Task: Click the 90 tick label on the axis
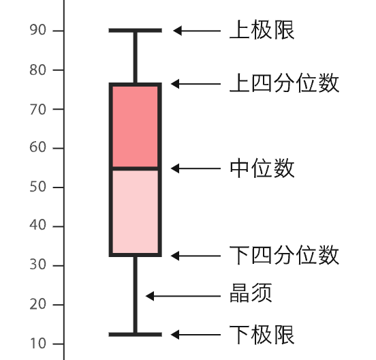pyautogui.click(x=37, y=30)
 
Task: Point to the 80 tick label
pyautogui.click(x=37, y=70)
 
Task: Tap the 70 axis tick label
pyautogui.click(x=37, y=110)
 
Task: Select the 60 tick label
pyautogui.click(x=37, y=147)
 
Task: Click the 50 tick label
pyautogui.click(x=37, y=187)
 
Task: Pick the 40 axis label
pyautogui.click(x=37, y=225)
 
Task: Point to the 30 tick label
pyautogui.click(x=37, y=265)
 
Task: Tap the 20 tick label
pyautogui.click(x=37, y=304)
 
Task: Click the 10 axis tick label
pyautogui.click(x=37, y=344)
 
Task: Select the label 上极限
pyautogui.click(x=262, y=30)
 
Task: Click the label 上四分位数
pyautogui.click(x=284, y=83)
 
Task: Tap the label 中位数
pyautogui.click(x=262, y=168)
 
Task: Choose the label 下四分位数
pyautogui.click(x=284, y=255)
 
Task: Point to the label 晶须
pyautogui.click(x=251, y=292)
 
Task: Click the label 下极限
pyautogui.click(x=262, y=335)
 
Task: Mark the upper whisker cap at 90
pyautogui.click(x=136, y=31)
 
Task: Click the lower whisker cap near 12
pyautogui.click(x=136, y=334)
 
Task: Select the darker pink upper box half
pyautogui.click(x=136, y=127)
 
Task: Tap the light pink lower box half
pyautogui.click(x=136, y=211)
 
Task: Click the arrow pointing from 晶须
pyautogui.click(x=183, y=296)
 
